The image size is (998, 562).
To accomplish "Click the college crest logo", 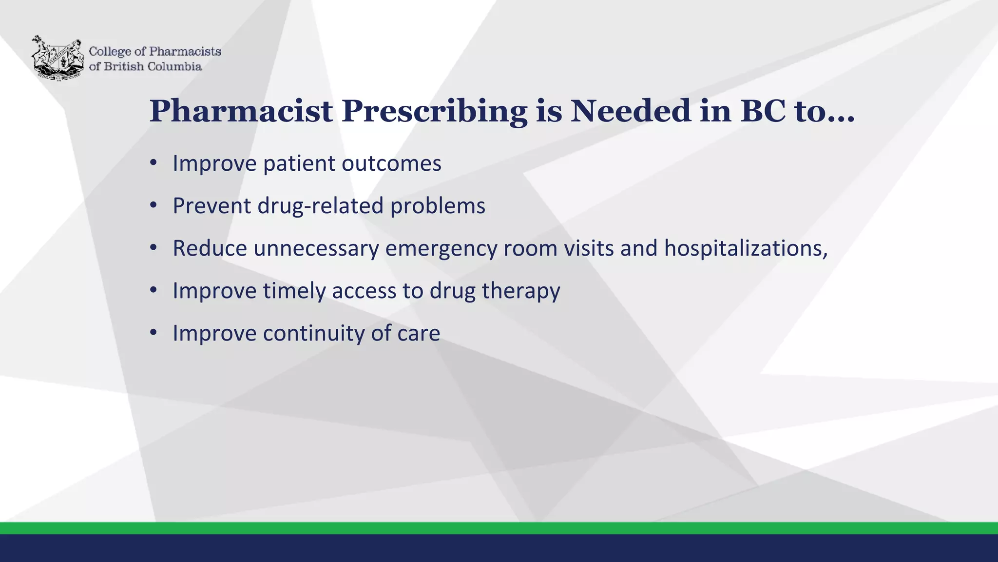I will tap(57, 58).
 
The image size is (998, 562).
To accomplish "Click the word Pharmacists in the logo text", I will tap(185, 51).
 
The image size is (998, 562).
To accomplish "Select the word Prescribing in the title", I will tap(434, 111).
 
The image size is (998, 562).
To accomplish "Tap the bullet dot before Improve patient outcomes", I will tap(154, 163).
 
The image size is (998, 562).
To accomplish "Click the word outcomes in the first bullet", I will tap(391, 163).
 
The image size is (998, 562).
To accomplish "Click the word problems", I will tap(438, 206).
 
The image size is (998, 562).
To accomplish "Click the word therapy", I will tap(521, 291).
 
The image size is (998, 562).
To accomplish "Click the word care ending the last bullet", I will tap(419, 334).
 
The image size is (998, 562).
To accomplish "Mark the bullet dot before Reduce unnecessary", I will tap(154, 248).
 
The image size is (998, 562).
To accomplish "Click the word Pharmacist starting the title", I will tap(241, 111).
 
